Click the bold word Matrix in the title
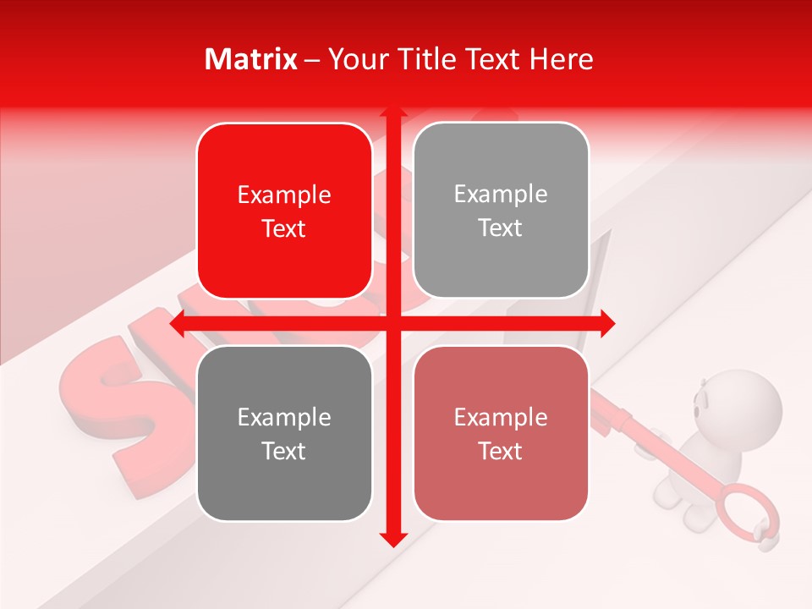click(x=251, y=59)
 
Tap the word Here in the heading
click(x=561, y=59)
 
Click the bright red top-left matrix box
click(x=284, y=211)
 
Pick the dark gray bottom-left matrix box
click(x=284, y=433)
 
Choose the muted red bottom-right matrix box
click(x=501, y=433)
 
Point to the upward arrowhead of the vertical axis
click(x=392, y=113)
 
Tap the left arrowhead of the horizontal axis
click(x=177, y=324)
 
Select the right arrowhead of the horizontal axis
click(x=607, y=324)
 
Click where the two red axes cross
click(x=392, y=324)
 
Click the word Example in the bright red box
click(x=284, y=195)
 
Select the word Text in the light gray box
click(x=501, y=228)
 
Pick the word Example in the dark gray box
click(x=284, y=418)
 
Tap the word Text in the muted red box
click(x=501, y=451)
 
